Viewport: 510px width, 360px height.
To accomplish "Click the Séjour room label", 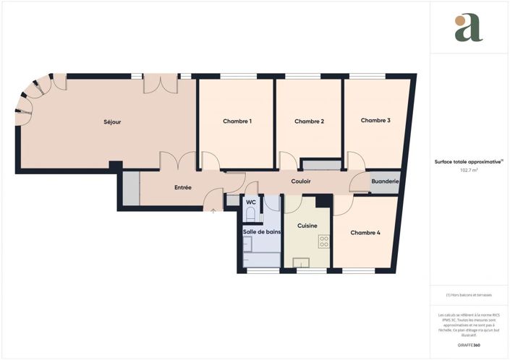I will [x=112, y=122].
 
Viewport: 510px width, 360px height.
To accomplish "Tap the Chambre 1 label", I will [x=237, y=121].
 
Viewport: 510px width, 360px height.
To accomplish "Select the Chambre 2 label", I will [x=309, y=121].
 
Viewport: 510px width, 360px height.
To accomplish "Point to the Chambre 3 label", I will [x=375, y=120].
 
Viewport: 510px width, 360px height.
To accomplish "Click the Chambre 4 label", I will [x=365, y=233].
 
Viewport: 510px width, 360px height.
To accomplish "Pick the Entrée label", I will [x=183, y=188].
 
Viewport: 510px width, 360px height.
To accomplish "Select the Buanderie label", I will [x=385, y=181].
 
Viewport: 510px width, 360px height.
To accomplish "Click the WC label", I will [x=250, y=202].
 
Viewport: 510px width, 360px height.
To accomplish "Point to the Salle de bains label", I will [x=261, y=231].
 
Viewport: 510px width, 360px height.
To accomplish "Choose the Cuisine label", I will [x=307, y=226].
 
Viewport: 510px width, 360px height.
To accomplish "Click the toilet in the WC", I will [x=251, y=214].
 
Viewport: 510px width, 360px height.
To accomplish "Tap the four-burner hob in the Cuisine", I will [x=324, y=242].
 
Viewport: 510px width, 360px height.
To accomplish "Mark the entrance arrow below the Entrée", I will [x=213, y=211].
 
